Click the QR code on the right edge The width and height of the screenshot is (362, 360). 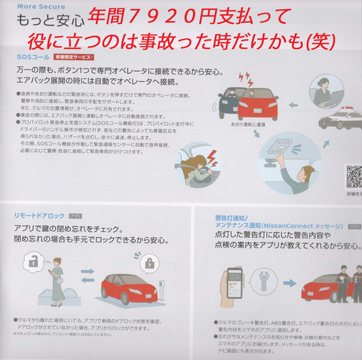click(353, 175)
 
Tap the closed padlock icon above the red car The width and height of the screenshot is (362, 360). click(149, 264)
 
